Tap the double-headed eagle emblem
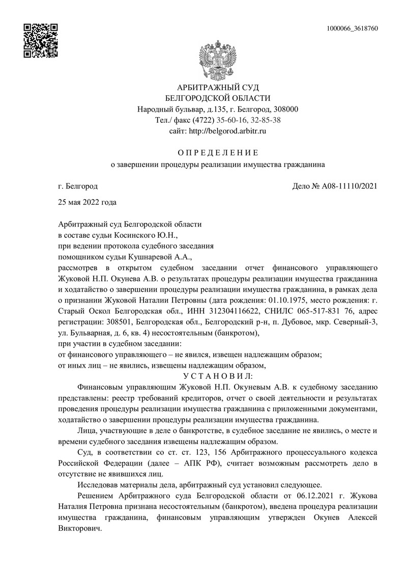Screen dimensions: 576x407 217,57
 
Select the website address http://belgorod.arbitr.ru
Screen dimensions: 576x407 227,131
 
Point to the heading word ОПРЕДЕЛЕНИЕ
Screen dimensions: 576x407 218,152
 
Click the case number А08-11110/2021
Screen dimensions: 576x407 350,187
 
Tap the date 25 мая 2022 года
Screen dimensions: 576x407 88,202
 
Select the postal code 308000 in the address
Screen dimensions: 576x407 286,109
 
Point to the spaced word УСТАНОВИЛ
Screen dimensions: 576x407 218,376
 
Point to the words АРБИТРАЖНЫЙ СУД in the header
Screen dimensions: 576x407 218,87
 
